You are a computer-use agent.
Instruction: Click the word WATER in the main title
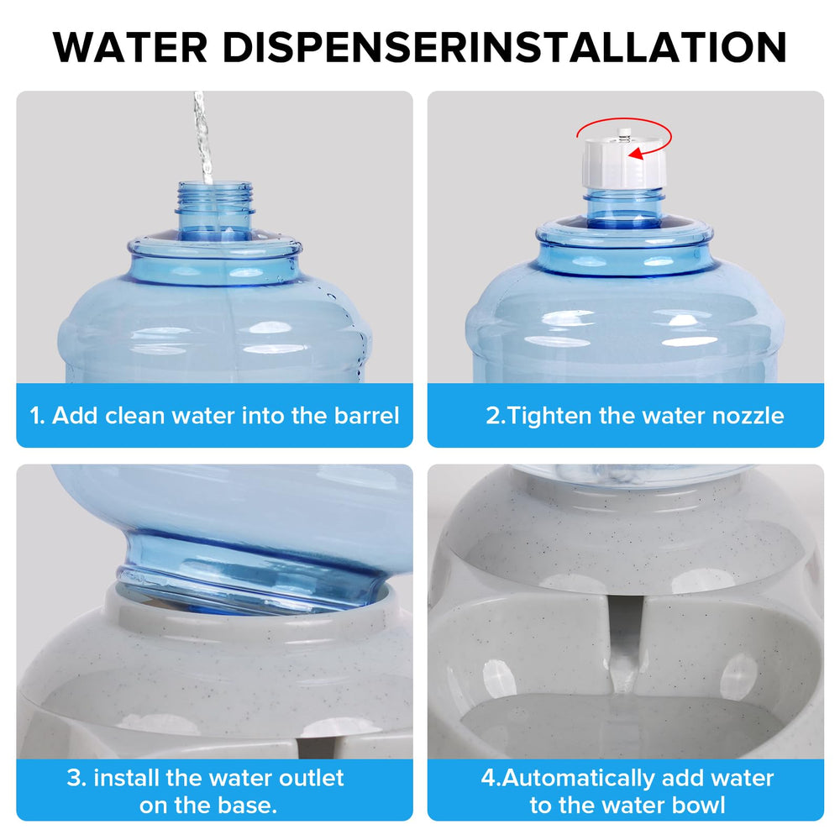[x=130, y=48]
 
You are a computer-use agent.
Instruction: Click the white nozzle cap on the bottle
[x=624, y=160]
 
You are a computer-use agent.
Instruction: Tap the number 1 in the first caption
[x=35, y=416]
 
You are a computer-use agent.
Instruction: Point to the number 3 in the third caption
[x=75, y=778]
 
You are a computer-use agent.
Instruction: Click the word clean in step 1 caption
[x=134, y=416]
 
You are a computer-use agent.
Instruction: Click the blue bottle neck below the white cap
[x=624, y=209]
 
